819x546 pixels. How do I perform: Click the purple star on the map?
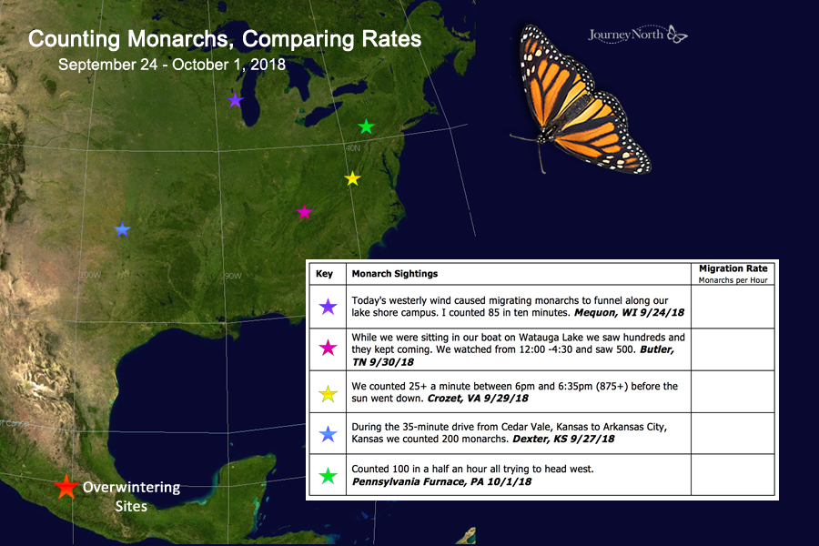[x=235, y=100]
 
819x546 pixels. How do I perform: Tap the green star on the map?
[x=366, y=126]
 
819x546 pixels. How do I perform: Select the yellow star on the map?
[x=352, y=178]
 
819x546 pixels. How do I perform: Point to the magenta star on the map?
[x=304, y=212]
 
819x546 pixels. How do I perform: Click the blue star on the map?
[x=122, y=229]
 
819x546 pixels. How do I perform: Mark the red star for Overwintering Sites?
[x=66, y=487]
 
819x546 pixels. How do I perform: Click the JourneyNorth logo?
[x=637, y=35]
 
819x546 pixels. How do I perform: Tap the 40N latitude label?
[x=352, y=148]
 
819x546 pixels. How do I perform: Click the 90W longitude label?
[x=233, y=276]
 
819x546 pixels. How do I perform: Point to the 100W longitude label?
[x=90, y=275]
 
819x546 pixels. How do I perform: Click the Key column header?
[x=324, y=274]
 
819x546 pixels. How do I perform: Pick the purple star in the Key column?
[x=328, y=307]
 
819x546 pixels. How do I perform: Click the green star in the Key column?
[x=328, y=476]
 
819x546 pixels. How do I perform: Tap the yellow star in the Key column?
[x=328, y=393]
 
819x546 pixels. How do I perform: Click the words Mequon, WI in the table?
[x=596, y=313]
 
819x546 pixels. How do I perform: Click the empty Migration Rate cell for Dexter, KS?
[x=733, y=434]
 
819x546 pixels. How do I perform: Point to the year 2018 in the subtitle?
[x=268, y=65]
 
